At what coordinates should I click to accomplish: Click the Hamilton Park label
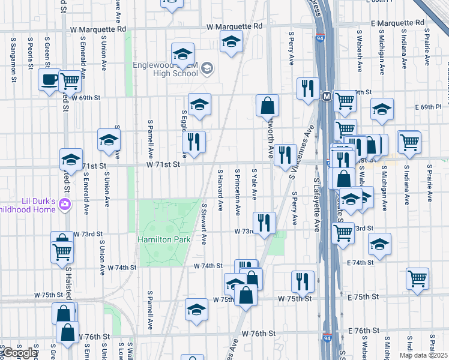pyautogui.click(x=164, y=239)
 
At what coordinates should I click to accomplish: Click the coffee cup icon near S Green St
pyautogui.click(x=49, y=79)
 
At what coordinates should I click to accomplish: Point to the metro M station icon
pyautogui.click(x=327, y=96)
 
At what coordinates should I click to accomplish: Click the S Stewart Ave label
pyautogui.click(x=204, y=223)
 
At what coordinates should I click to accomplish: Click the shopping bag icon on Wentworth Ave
pyautogui.click(x=267, y=106)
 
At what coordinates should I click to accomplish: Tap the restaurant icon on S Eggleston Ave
pyautogui.click(x=194, y=142)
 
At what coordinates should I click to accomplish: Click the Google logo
pyautogui.click(x=20, y=353)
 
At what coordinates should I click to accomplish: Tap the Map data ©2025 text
pyautogui.click(x=423, y=355)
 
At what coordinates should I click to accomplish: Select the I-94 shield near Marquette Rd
pyautogui.click(x=319, y=38)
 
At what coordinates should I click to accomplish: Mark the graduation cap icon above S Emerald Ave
pyautogui.click(x=71, y=159)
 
